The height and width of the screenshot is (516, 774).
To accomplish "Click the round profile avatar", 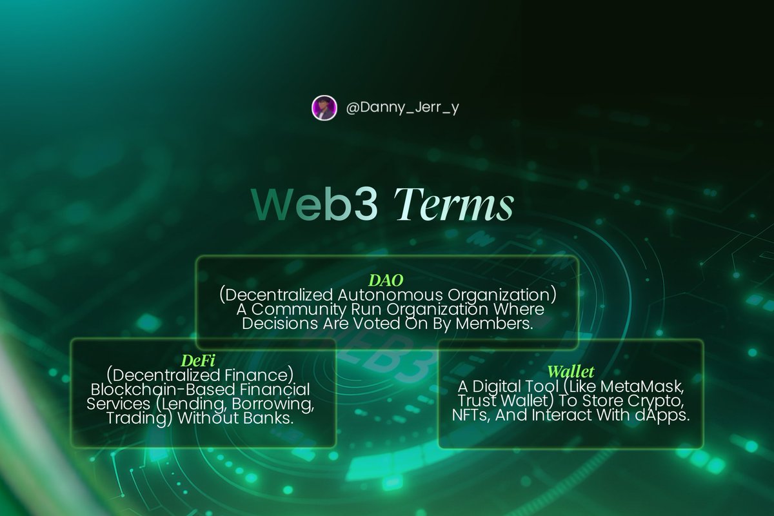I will (324, 108).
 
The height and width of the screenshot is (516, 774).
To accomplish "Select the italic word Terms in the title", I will (454, 206).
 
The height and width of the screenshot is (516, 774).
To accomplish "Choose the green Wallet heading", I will (570, 372).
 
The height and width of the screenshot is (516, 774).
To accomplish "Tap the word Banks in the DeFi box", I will (270, 418).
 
